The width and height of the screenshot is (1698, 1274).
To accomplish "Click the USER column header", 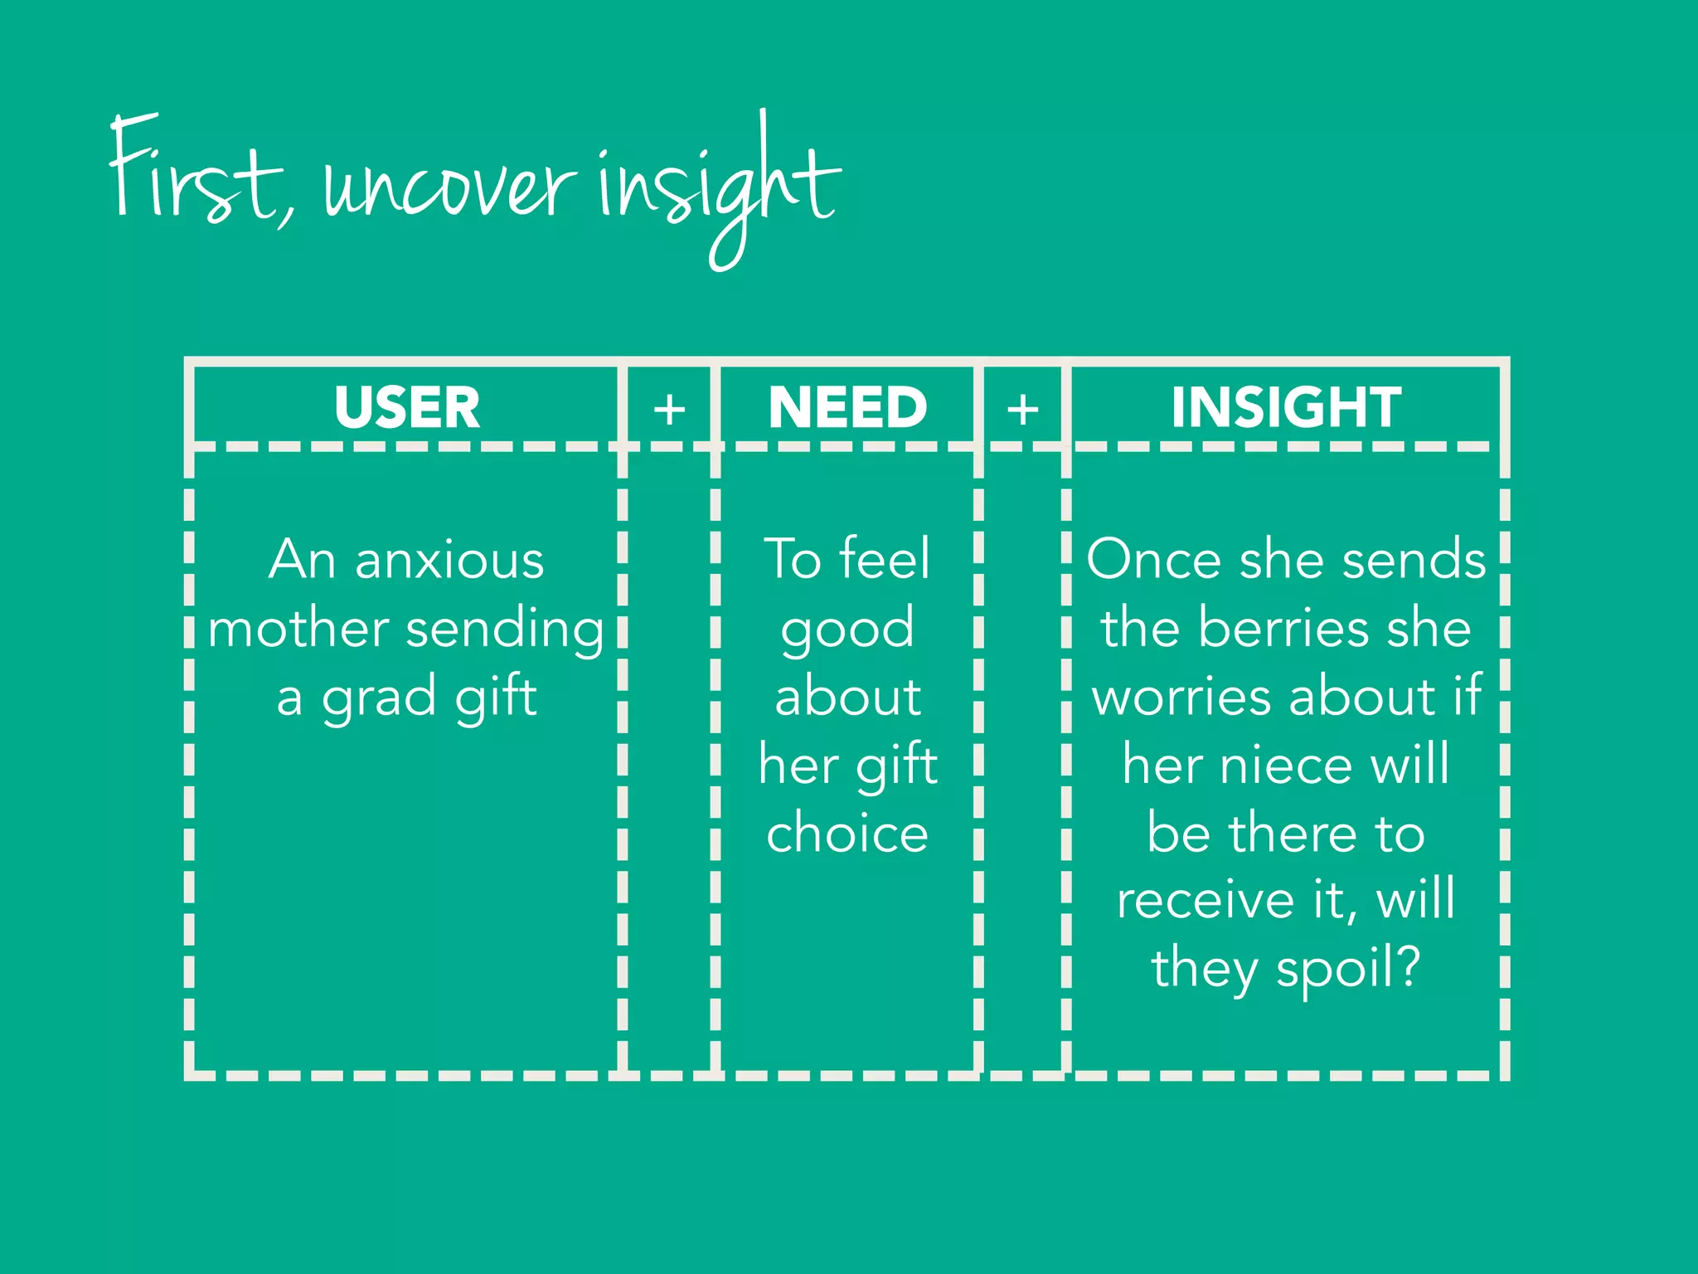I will pos(406,407).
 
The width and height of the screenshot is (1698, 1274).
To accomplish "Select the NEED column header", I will pos(847,407).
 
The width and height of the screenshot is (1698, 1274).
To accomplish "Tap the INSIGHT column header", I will pos(1286,407).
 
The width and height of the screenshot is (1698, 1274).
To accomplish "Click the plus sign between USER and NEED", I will pos(669,410).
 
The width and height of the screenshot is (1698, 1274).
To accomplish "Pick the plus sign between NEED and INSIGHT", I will pos(1023,410).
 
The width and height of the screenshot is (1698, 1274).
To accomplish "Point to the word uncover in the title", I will pos(448,187).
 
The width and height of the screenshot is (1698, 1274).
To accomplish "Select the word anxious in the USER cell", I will pos(449,560).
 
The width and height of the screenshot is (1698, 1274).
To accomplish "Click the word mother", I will pos(298,628).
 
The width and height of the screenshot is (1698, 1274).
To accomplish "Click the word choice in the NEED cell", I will pos(847,833).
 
